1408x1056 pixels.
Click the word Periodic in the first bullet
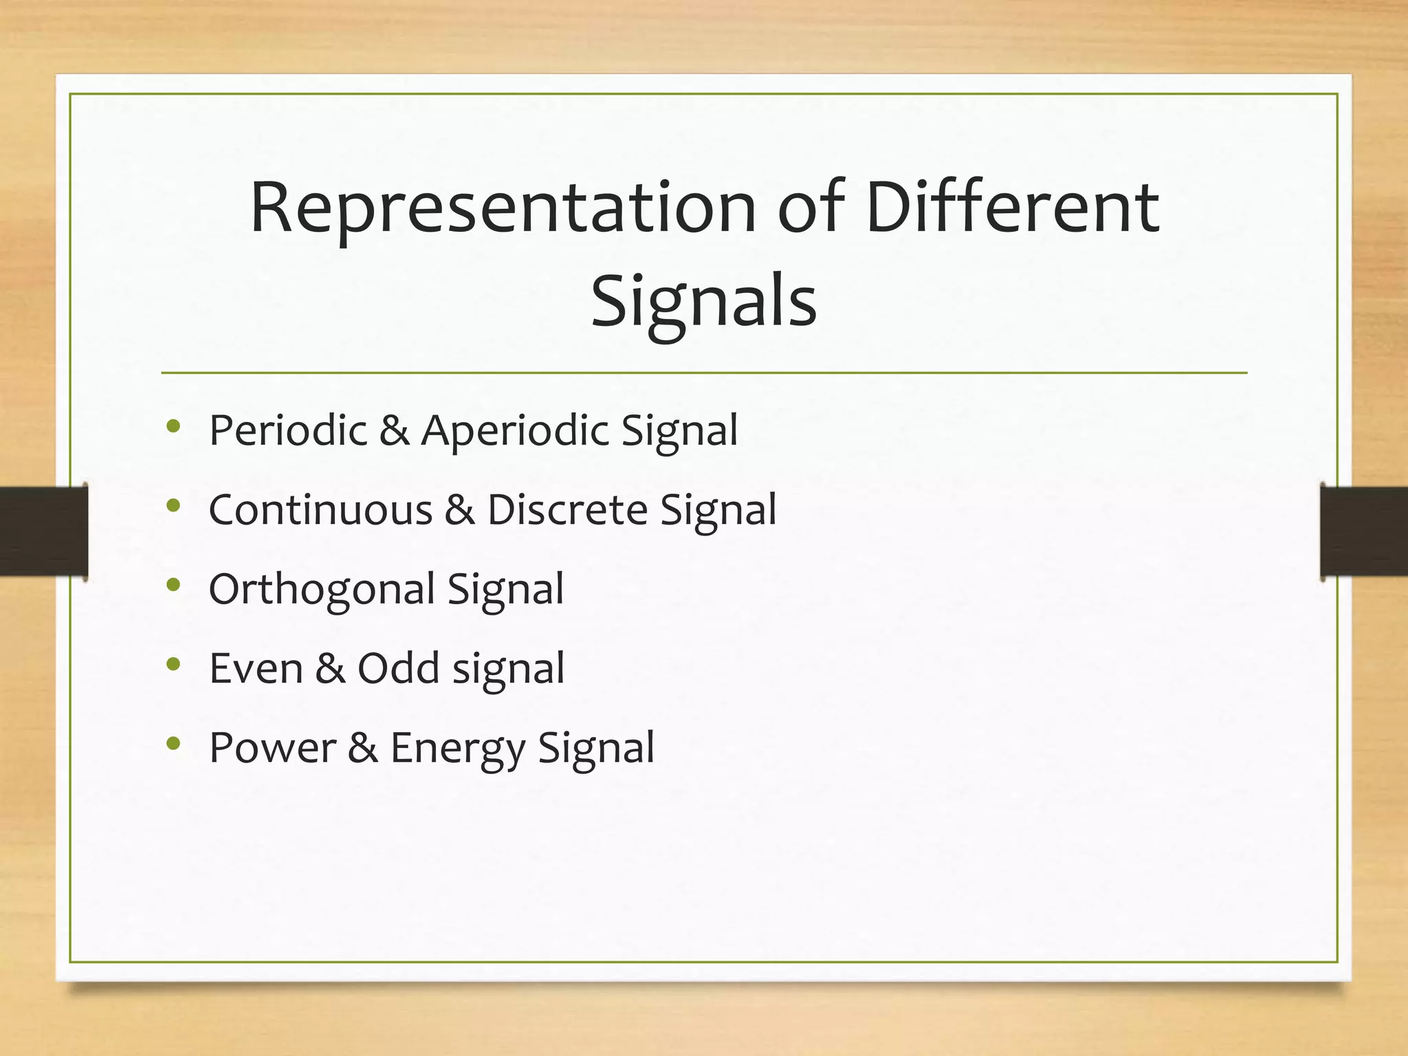(x=288, y=431)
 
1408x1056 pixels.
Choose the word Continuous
(x=320, y=510)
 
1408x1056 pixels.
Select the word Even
(x=256, y=668)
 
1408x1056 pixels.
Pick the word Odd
(x=398, y=668)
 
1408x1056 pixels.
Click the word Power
(x=272, y=748)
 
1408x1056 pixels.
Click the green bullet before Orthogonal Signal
(x=173, y=585)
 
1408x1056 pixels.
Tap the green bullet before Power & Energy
(x=173, y=743)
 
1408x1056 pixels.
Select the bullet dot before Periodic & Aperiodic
(x=173, y=426)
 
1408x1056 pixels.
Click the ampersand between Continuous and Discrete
(x=459, y=510)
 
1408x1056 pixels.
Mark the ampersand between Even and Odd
(x=330, y=668)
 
